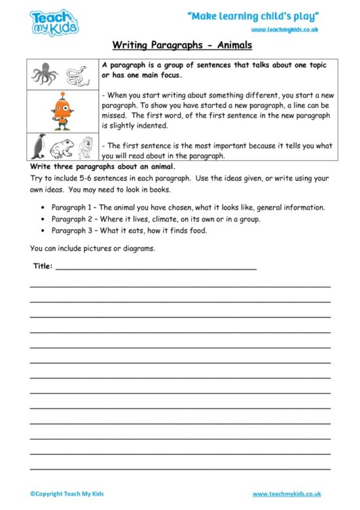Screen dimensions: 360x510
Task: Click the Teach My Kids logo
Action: pos(54,22)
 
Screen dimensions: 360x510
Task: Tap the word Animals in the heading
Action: pos(230,46)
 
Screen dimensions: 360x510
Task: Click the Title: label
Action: pos(43,266)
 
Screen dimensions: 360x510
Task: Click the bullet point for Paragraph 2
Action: pos(43,219)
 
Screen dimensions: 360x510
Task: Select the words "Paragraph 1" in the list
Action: pos(71,208)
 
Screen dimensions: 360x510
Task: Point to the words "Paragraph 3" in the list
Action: pos(71,231)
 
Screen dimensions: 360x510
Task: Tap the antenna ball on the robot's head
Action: pos(62,95)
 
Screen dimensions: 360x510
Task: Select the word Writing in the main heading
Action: pos(130,46)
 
